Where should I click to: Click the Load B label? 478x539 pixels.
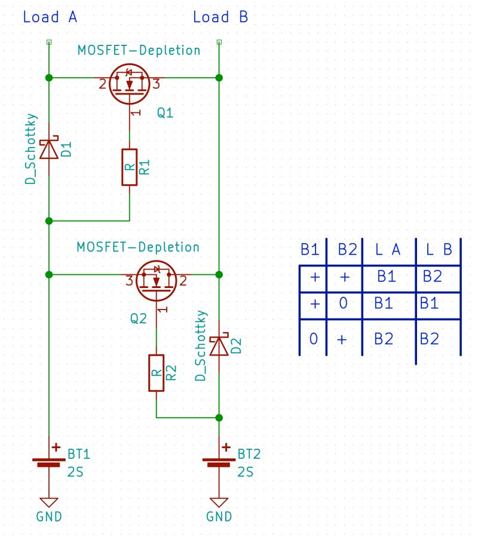(220, 17)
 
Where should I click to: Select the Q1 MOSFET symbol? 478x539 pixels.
(130, 83)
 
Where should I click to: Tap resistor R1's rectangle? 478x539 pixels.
(130, 167)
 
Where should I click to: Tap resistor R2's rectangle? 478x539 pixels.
(156, 373)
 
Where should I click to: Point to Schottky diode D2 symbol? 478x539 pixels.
(219, 345)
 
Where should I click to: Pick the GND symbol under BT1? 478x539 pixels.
(49, 502)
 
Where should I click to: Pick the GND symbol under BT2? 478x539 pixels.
(219, 502)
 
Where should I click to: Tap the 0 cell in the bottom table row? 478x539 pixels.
(312, 339)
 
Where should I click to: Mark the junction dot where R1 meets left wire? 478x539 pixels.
(49, 220)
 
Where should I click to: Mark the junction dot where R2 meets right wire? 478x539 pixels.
(219, 417)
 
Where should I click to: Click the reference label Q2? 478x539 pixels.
(138, 319)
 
